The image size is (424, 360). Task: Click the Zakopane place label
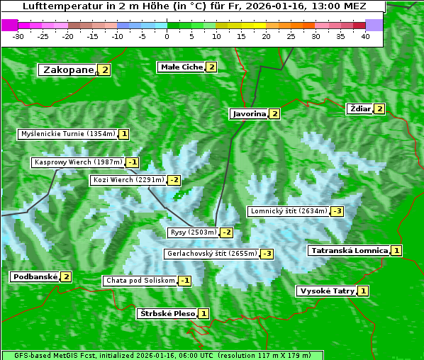click(x=68, y=69)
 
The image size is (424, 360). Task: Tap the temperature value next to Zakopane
click(x=105, y=69)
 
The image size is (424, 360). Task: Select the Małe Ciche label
click(x=182, y=67)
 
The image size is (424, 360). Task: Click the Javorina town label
click(x=249, y=113)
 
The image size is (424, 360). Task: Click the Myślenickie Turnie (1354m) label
click(x=68, y=134)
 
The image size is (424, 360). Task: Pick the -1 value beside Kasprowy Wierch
click(x=133, y=162)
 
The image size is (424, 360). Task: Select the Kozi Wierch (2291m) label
click(x=128, y=180)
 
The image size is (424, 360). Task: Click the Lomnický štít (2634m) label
click(x=289, y=211)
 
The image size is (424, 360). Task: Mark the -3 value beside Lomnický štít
click(x=337, y=211)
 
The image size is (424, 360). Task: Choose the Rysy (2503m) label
click(x=193, y=232)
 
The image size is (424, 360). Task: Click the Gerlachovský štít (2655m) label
click(x=211, y=254)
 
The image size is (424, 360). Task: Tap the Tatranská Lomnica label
click(x=349, y=250)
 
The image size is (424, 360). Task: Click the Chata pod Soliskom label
click(x=139, y=281)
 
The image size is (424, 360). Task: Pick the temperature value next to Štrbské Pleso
click(x=203, y=313)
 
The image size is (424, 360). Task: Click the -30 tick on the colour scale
click(x=18, y=36)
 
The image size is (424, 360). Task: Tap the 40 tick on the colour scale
click(x=366, y=36)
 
